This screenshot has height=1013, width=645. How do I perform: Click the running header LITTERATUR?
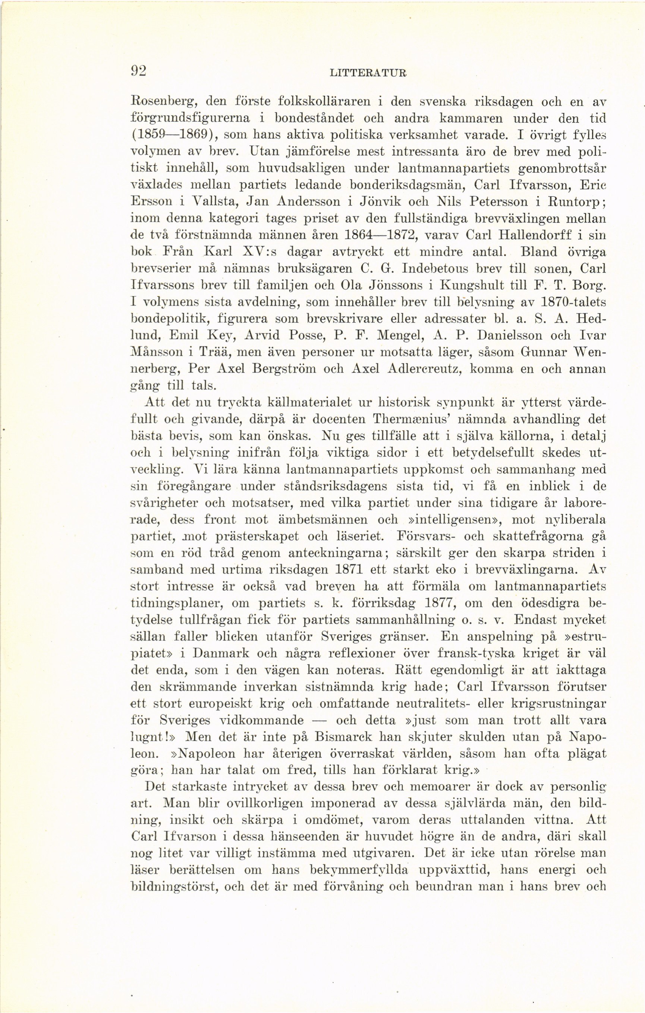[369, 73]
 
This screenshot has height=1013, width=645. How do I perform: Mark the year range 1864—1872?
[381, 235]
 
